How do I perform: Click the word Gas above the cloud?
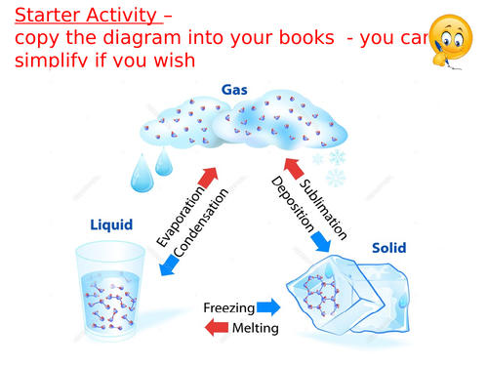click(234, 91)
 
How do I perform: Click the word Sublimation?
click(323, 205)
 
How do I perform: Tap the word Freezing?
click(227, 307)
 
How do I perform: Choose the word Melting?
click(255, 329)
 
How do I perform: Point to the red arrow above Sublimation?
click(290, 167)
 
